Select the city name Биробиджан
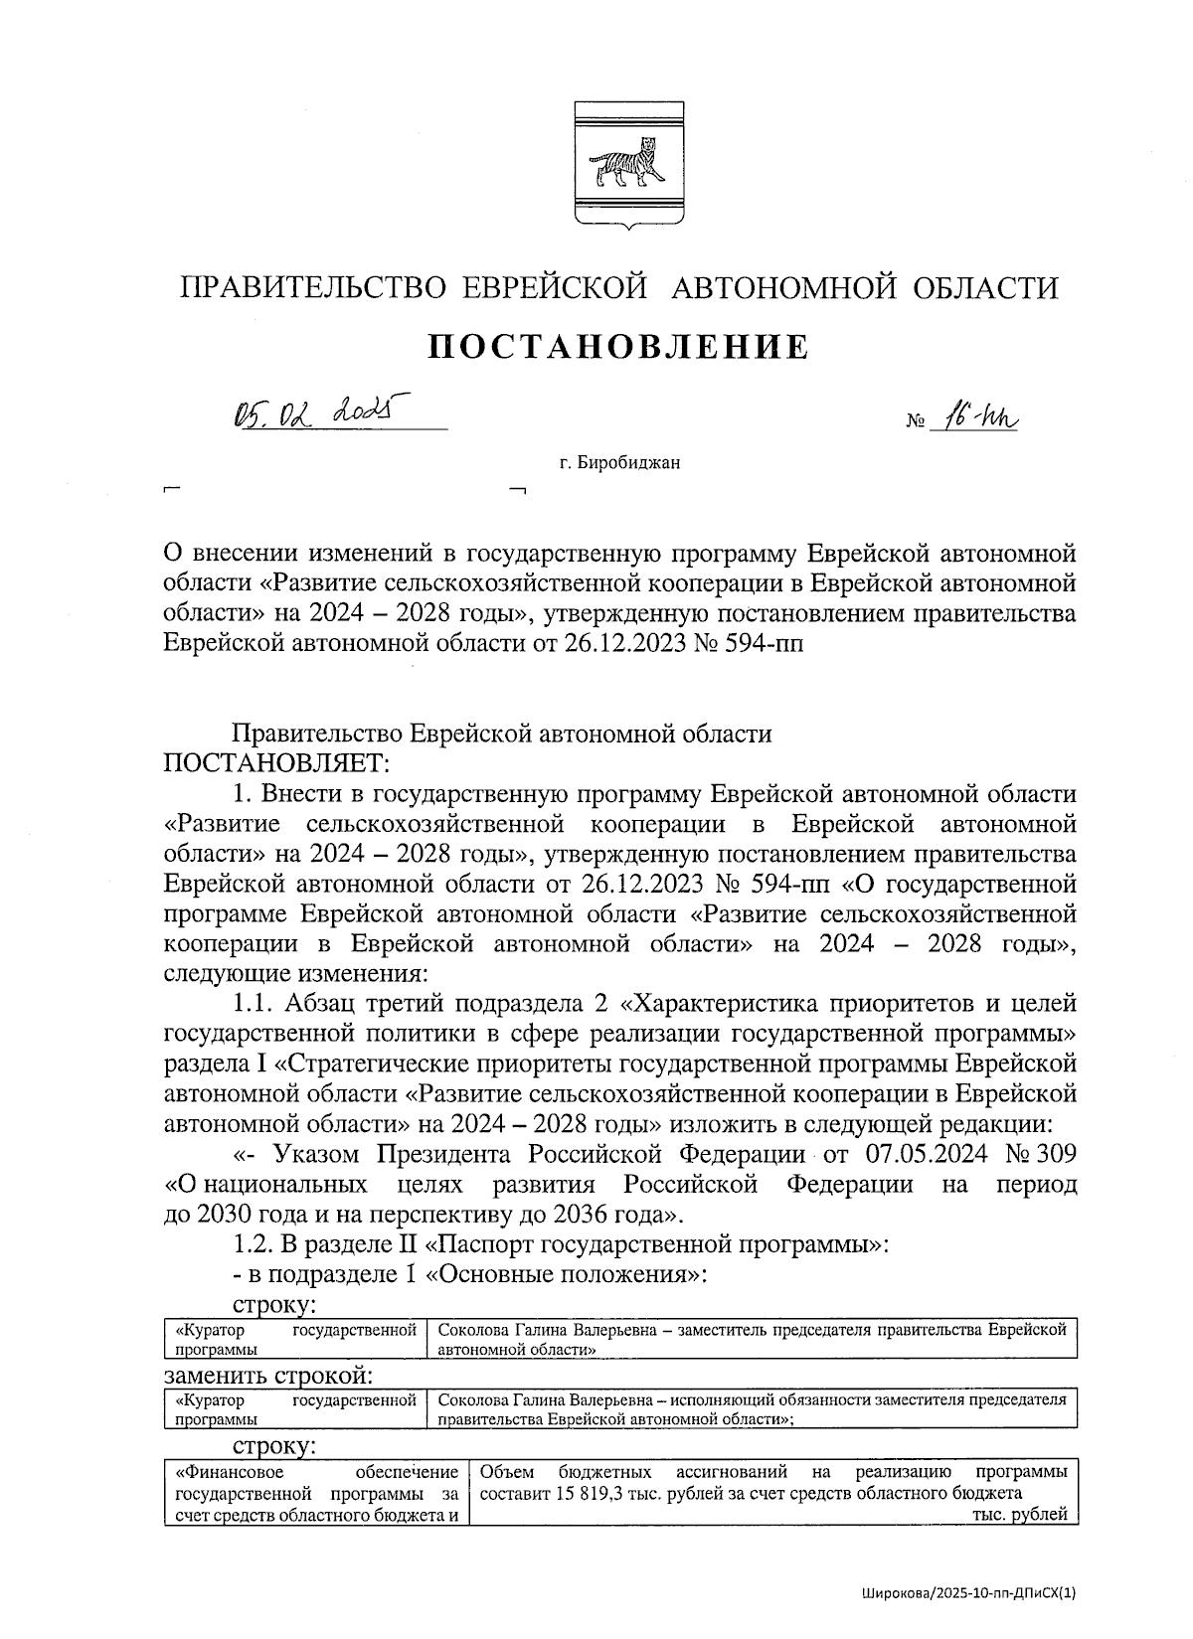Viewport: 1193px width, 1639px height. tap(627, 462)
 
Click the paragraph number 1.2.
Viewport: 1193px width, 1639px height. tap(250, 1243)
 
